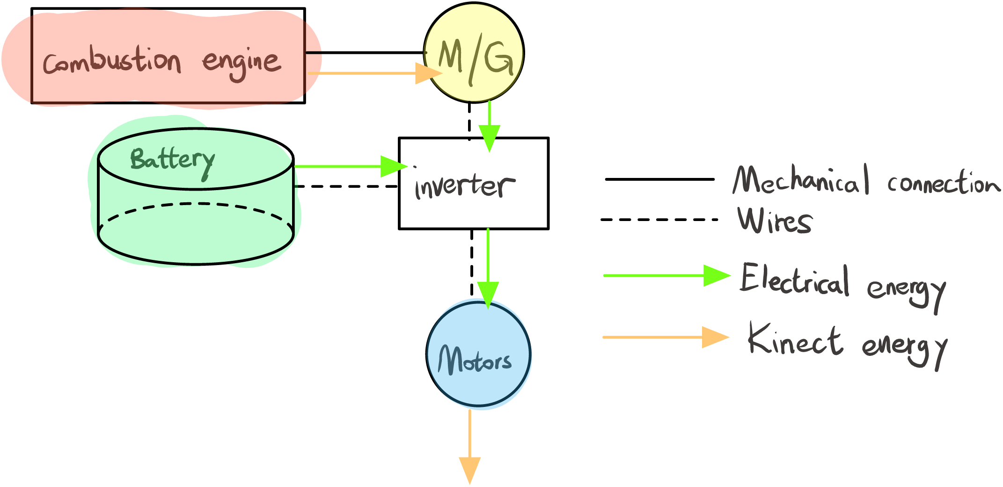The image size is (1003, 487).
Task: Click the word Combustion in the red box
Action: tap(111, 61)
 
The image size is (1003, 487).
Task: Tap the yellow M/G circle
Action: tap(474, 52)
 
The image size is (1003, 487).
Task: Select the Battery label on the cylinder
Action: tap(172, 160)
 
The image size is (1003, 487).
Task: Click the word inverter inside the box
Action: tap(464, 186)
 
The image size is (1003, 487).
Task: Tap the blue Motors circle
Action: tap(478, 354)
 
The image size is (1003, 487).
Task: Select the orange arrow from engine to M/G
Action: tap(374, 74)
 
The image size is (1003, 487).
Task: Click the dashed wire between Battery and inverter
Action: tap(346, 186)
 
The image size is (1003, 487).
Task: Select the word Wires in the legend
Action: tap(775, 221)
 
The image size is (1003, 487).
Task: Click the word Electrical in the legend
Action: tap(795, 280)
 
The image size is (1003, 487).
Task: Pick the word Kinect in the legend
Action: tap(795, 339)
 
